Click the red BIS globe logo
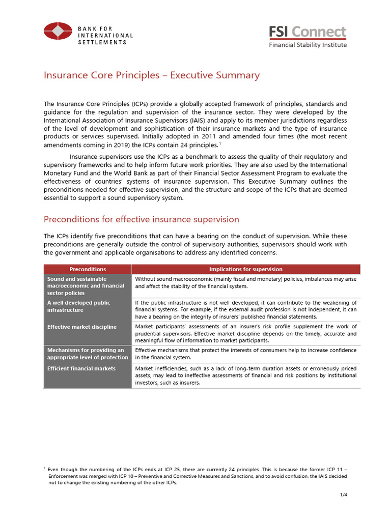click(58, 31)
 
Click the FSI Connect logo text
click(308, 32)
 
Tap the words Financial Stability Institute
click(308, 45)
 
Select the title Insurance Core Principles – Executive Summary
click(152, 75)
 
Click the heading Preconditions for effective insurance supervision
click(142, 219)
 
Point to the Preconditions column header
click(88, 269)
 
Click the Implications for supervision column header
click(245, 269)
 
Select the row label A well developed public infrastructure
click(78, 306)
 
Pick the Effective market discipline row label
click(81, 327)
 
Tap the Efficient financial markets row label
click(81, 368)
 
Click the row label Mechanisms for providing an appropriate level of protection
click(85, 354)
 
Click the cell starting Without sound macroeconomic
click(245, 282)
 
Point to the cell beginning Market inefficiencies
click(245, 375)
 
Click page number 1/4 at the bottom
click(343, 495)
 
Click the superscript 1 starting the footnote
click(45, 466)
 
